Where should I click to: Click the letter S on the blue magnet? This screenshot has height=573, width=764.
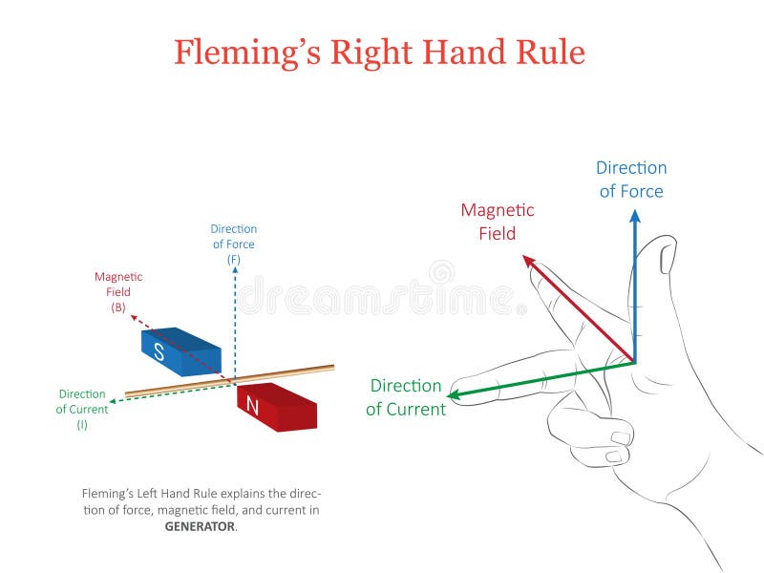[159, 352]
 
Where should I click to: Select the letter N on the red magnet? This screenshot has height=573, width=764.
[252, 407]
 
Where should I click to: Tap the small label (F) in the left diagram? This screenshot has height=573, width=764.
[234, 260]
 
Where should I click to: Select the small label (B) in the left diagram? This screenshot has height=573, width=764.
[118, 308]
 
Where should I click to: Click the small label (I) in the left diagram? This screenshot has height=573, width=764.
[82, 424]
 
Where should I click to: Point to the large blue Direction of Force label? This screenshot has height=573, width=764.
[631, 180]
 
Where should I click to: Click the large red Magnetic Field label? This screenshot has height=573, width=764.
[498, 222]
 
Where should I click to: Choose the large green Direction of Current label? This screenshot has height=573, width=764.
[406, 397]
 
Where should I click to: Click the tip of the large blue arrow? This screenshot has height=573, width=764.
[634, 212]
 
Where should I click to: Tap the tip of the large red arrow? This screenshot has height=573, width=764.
[524, 256]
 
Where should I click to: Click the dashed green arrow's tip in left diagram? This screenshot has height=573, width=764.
[113, 399]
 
